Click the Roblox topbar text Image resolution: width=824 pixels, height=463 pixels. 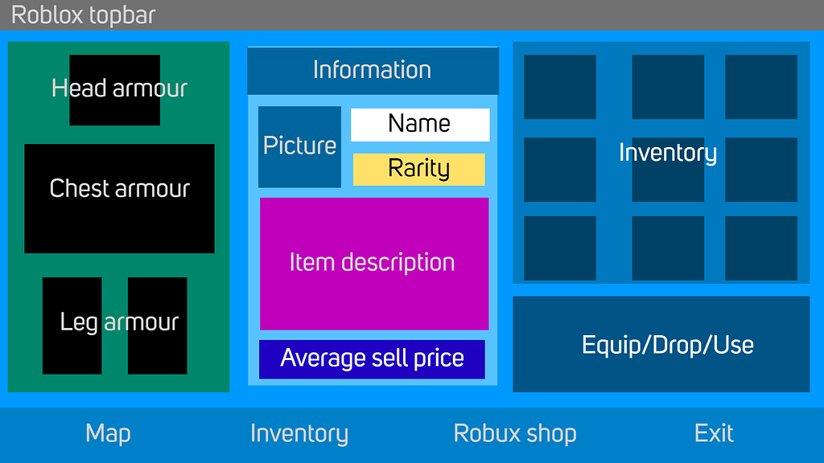[83, 15]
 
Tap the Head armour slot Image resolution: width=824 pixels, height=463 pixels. [114, 90]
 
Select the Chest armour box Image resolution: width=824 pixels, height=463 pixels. [119, 199]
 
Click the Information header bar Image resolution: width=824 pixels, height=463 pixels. [373, 70]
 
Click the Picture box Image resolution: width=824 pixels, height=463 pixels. [299, 146]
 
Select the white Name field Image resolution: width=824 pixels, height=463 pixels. [420, 125]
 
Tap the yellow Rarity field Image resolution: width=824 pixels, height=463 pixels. [419, 169]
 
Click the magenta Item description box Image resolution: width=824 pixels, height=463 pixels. [373, 264]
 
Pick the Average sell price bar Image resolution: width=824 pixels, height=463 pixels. [372, 359]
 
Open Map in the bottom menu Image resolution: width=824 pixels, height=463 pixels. [108, 434]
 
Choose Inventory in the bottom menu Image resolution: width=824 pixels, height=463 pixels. [299, 434]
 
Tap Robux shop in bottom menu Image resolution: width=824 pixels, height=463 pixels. [515, 434]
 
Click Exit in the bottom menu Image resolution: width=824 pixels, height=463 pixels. [714, 434]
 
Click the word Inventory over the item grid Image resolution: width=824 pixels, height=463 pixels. [667, 153]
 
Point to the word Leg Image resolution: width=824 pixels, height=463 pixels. [79, 323]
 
